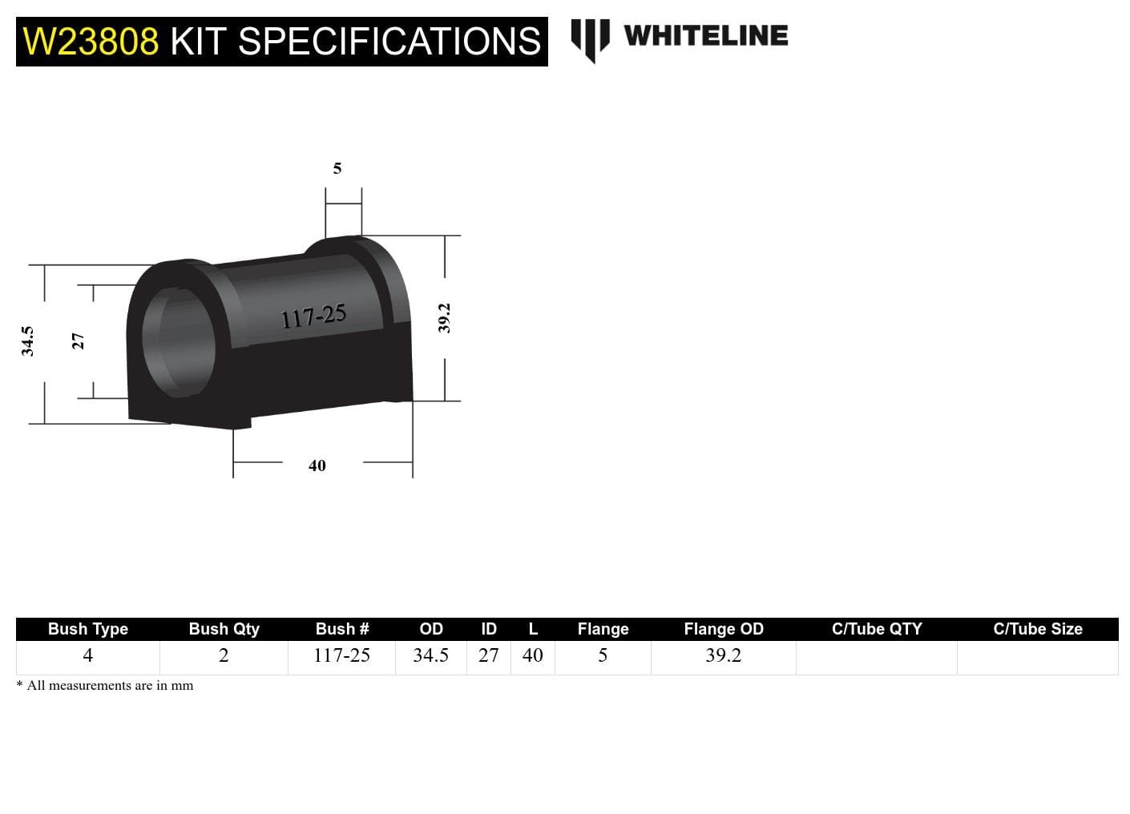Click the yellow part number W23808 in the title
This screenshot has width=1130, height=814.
(x=91, y=42)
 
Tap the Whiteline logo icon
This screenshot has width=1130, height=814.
(x=590, y=38)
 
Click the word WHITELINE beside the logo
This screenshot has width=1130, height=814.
(x=705, y=36)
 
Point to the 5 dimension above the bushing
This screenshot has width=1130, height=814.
(x=337, y=168)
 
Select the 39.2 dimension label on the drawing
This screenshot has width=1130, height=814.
(x=445, y=318)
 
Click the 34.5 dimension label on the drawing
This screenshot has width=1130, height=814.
(x=28, y=341)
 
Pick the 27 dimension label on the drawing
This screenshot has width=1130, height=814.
(x=78, y=341)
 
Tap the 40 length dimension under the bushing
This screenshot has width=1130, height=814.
(x=317, y=465)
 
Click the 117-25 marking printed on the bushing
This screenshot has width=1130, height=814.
(x=313, y=316)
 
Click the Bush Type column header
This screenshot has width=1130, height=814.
(x=87, y=629)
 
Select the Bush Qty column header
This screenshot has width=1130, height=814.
(x=224, y=629)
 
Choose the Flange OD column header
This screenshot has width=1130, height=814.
(x=723, y=629)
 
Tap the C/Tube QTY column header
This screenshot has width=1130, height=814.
(x=876, y=629)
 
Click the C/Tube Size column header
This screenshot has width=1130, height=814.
(x=1037, y=629)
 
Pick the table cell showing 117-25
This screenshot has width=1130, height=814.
(x=341, y=655)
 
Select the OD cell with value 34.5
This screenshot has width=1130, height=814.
(x=430, y=655)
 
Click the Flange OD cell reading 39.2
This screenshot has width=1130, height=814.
(x=723, y=655)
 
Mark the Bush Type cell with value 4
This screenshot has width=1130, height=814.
(x=87, y=655)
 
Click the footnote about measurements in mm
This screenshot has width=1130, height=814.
(x=105, y=686)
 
